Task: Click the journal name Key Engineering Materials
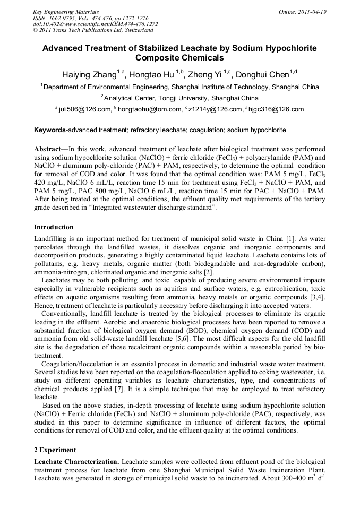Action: click(x=65, y=12)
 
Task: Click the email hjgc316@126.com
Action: click(x=276, y=110)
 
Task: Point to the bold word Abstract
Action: click(x=47, y=149)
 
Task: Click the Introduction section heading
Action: click(x=54, y=227)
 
